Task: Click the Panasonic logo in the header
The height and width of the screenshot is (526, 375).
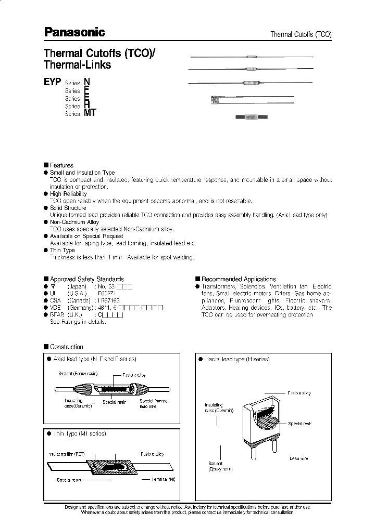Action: (74, 32)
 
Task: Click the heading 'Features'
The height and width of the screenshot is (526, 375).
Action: (61, 165)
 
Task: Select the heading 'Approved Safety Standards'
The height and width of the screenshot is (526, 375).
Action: (86, 279)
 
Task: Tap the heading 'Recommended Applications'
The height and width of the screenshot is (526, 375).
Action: (239, 279)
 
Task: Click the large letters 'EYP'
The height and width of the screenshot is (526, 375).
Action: (53, 82)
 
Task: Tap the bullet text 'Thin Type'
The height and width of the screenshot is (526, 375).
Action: (63, 250)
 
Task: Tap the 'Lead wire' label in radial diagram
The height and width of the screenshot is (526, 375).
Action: (298, 458)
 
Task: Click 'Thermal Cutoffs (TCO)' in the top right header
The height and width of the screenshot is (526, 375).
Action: (301, 34)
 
